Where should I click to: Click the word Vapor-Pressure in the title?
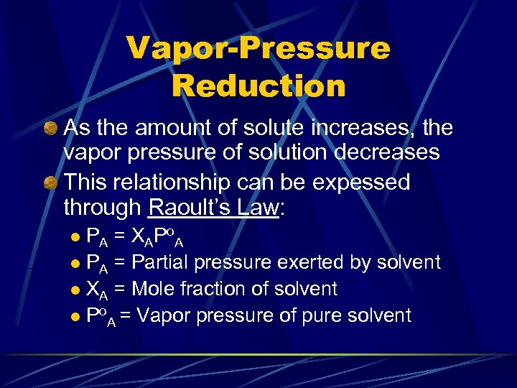(258, 49)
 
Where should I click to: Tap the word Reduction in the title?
(258, 86)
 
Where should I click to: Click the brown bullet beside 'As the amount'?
(50, 129)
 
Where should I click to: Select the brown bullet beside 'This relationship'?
(50, 183)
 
